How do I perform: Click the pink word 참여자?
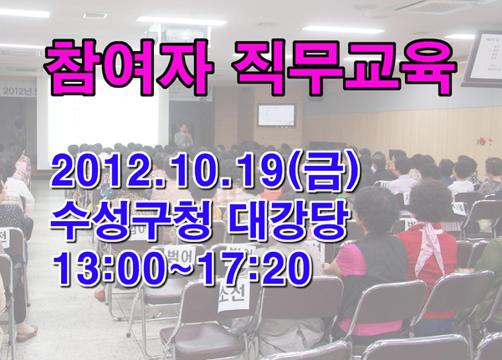(x=128, y=67)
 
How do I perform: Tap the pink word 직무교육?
(x=343, y=67)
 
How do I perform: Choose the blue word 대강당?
(x=288, y=222)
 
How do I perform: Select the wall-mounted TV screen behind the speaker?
(x=277, y=115)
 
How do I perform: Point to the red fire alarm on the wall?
(x=490, y=140)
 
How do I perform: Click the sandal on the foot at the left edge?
(x=27, y=332)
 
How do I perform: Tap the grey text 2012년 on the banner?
(x=18, y=91)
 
